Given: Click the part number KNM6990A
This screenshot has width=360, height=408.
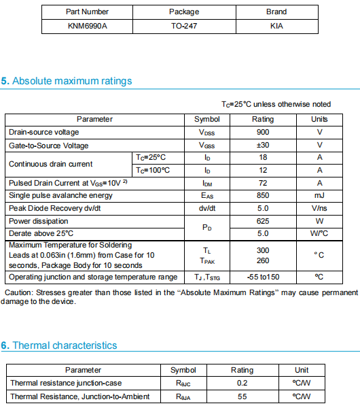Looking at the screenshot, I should coord(86,26).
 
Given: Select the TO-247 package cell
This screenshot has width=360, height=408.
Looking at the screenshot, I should coord(184,26).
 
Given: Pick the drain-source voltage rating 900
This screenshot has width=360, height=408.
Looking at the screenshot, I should coord(263,132).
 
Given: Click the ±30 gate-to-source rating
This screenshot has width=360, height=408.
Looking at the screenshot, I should coord(263,145).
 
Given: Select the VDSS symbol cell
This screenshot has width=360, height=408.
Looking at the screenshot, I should coord(207,132).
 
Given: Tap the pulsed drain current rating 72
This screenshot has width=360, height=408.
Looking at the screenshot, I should coord(263,183).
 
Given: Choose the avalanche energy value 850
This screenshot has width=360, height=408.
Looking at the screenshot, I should coord(263,195).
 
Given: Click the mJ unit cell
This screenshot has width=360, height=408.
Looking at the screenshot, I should coord(319,195).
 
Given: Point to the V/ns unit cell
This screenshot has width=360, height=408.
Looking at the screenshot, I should coord(319,208).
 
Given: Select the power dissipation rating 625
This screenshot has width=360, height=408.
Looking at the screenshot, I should coord(263,221).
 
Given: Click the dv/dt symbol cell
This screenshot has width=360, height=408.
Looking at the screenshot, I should coord(207,208).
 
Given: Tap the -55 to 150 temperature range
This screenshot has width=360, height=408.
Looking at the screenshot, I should coord(263,277).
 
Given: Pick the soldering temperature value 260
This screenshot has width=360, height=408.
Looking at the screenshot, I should coord(263,260).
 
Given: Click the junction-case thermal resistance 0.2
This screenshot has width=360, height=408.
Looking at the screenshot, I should coord(242,383).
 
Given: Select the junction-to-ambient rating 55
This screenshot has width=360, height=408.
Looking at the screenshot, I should coord(242,396).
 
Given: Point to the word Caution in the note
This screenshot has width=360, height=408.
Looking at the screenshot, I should coord(20,293).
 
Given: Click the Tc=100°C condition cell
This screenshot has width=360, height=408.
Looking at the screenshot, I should coord(153,170).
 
